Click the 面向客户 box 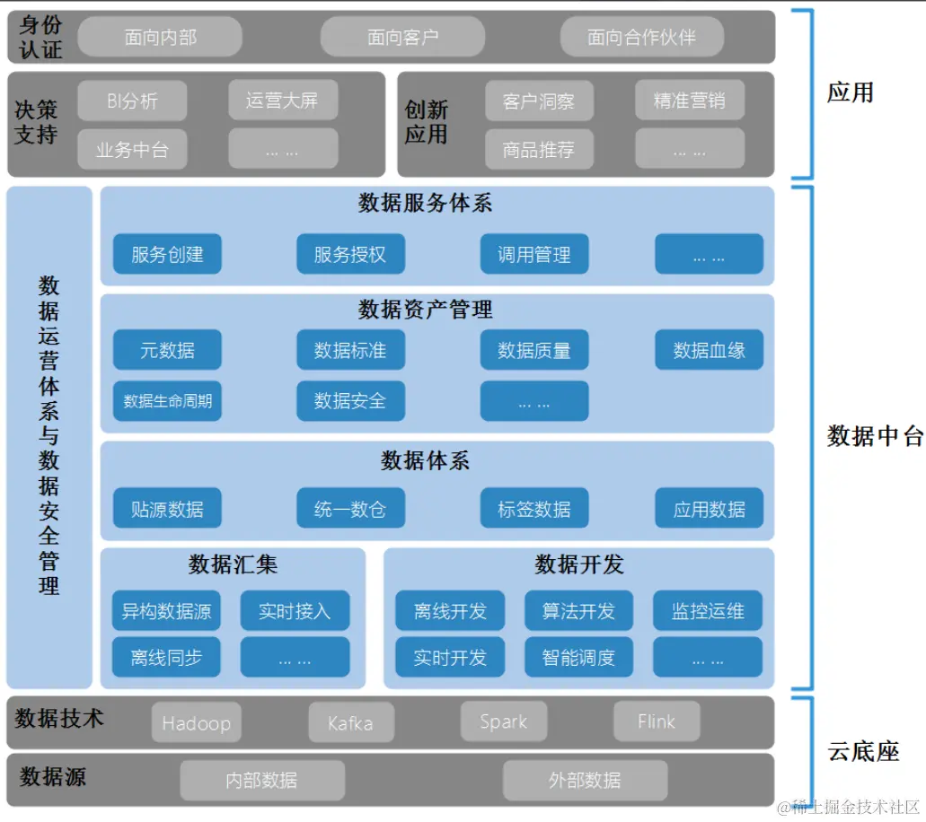coord(402,37)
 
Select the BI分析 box coord(132,101)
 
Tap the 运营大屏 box coord(282,100)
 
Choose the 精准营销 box coord(689,101)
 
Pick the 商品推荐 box coord(538,149)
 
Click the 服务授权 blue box coord(350,255)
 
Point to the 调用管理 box coord(534,255)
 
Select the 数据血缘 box coord(709,350)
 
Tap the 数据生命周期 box coord(167,401)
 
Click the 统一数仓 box coord(350,509)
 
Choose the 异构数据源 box coord(167,611)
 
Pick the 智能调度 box coord(578,658)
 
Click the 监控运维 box coord(708,611)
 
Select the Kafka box coord(350,722)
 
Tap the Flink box coord(657,721)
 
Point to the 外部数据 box coord(585,780)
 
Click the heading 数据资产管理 coord(426,310)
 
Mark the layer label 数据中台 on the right coord(874,436)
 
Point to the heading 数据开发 coord(578,564)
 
